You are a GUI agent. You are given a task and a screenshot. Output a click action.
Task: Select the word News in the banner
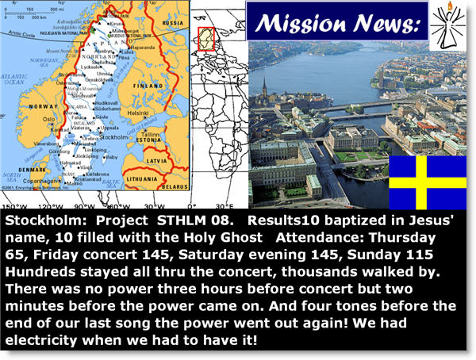384,22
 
